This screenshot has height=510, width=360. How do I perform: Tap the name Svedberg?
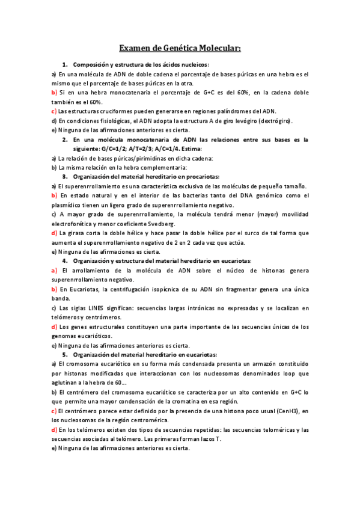click(x=159, y=223)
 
